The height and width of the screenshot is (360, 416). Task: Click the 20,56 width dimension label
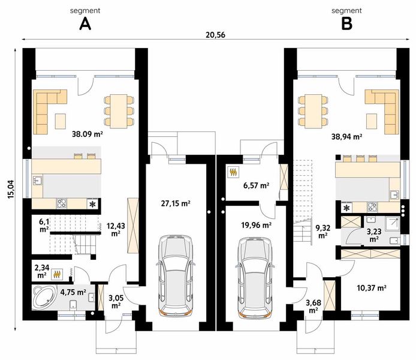215,35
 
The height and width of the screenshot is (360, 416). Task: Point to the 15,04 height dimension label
11,189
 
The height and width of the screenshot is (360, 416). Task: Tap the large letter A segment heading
85,24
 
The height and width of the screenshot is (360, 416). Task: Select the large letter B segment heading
346,24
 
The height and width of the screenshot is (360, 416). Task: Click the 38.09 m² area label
88,134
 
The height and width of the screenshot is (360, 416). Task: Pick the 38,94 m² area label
346,137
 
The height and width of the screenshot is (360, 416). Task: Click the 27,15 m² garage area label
176,203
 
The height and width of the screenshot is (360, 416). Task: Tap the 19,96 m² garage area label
256,226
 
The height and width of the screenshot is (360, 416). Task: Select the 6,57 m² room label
257,185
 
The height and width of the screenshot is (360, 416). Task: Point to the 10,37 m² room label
372,287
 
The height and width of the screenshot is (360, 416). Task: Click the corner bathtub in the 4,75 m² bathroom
44,298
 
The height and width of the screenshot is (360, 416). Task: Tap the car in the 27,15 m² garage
176,275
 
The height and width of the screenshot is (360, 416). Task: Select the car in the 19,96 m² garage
255,277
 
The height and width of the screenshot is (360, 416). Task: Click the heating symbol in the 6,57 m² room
234,172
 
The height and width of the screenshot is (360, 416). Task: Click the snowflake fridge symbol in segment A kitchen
92,204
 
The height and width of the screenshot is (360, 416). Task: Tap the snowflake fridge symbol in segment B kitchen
346,208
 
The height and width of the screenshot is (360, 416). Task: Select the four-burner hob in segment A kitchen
62,204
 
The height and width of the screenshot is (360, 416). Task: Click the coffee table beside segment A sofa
61,121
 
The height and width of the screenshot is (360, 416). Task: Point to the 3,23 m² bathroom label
374,235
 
